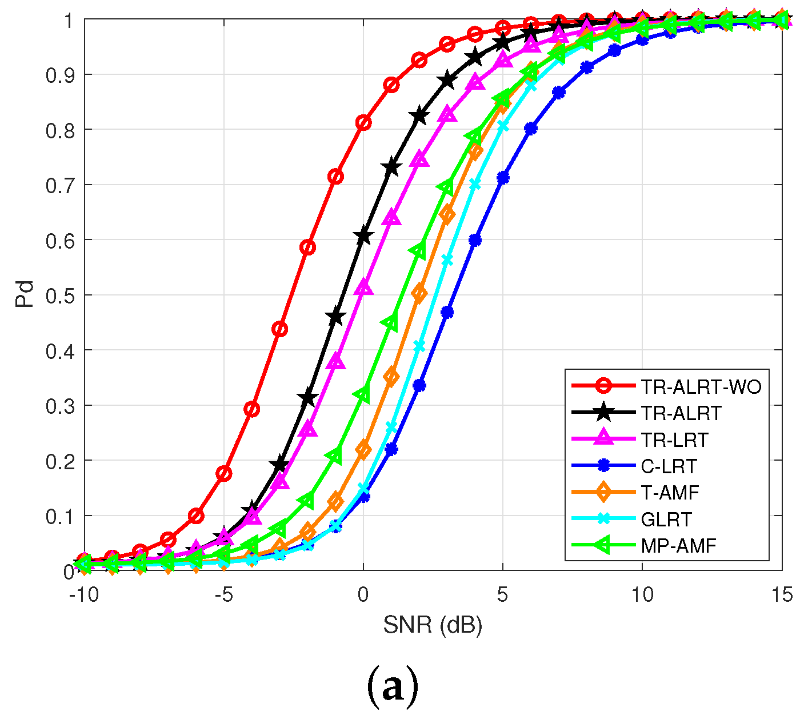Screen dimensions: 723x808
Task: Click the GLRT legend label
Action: (666, 519)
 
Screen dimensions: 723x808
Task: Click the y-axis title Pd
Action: (25, 294)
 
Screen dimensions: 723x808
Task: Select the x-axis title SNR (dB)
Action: (433, 625)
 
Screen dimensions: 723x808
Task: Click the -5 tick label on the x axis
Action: (223, 595)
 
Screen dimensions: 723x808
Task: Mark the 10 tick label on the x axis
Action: (642, 595)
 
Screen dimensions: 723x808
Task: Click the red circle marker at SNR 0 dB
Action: (363, 122)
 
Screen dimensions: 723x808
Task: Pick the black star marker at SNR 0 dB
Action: (363, 236)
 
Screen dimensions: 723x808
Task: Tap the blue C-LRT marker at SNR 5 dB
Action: (503, 178)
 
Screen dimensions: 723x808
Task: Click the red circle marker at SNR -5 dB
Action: (224, 473)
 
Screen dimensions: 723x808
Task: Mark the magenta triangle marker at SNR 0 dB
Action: (363, 288)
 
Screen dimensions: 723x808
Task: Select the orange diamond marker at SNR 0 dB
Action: (363, 450)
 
